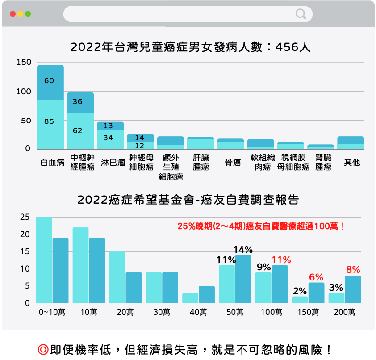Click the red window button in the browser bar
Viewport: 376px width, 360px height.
[x=13, y=14]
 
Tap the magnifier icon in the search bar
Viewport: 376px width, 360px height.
[x=301, y=14]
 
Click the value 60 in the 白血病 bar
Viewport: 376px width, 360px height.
[x=49, y=80]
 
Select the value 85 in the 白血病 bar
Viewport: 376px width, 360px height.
[x=49, y=121]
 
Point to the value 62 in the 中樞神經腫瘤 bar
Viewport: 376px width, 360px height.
[x=78, y=130]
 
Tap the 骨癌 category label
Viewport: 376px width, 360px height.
[x=233, y=162]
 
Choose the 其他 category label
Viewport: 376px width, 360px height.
[x=352, y=162]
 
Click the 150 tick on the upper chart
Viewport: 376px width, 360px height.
[x=24, y=63]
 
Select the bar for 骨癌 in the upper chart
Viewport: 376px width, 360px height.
[x=230, y=144]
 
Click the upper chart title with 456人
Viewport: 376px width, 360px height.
[x=190, y=47]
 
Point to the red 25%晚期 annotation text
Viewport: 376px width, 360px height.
[x=261, y=226]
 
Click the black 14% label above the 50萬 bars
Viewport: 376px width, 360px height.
[x=244, y=249]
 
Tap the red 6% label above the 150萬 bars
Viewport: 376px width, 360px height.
[x=316, y=277]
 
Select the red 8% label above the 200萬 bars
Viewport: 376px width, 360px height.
[x=353, y=270]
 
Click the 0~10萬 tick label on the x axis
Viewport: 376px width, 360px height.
[x=52, y=312]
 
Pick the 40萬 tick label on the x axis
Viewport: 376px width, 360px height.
[x=198, y=312]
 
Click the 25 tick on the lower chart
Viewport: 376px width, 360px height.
[x=25, y=218]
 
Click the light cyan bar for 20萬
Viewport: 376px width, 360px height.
[x=117, y=277]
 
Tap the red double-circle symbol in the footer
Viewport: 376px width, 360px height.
[x=43, y=349]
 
